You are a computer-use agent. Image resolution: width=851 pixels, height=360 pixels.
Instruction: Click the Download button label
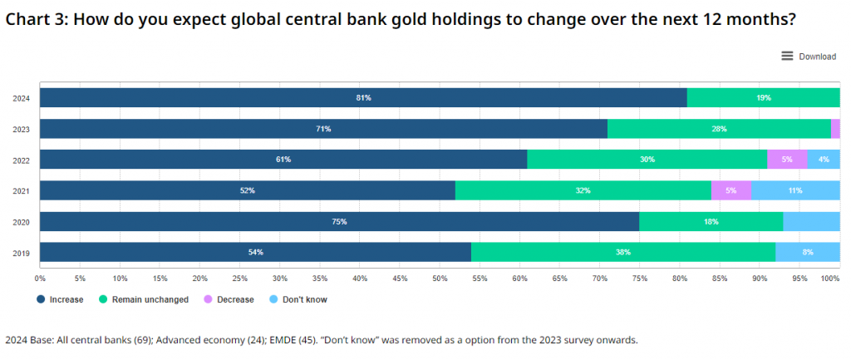coord(817,57)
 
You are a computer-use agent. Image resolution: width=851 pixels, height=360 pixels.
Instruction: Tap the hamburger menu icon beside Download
coord(787,56)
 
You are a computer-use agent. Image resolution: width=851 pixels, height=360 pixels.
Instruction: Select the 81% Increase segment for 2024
coord(363,98)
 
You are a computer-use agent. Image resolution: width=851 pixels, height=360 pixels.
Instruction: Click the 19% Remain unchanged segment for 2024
coord(763,98)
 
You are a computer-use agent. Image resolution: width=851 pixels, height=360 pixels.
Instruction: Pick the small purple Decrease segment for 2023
coord(835,129)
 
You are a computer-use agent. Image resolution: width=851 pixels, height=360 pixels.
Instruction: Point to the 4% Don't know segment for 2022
coord(824,160)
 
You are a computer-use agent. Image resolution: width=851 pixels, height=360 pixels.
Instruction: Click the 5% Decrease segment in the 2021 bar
coord(730,190)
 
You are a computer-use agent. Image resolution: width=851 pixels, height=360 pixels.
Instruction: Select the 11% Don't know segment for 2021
coord(795,190)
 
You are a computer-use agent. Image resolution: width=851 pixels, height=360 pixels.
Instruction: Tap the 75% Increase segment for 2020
coord(339,221)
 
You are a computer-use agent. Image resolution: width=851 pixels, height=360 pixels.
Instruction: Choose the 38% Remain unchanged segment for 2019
coord(622,252)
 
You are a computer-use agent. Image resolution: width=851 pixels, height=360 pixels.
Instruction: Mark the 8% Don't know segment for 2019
coord(807,252)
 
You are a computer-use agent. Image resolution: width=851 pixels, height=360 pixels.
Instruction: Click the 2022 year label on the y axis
coord(21,160)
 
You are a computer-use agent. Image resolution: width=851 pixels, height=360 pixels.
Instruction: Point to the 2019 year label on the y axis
coord(21,252)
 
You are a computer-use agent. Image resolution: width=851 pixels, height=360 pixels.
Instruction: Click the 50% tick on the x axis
coord(440,279)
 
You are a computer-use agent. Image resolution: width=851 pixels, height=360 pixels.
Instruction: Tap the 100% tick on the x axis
coord(830,279)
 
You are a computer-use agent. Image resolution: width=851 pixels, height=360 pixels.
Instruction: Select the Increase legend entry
coord(60,299)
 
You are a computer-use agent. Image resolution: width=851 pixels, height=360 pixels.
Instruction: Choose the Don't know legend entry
coord(297,299)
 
